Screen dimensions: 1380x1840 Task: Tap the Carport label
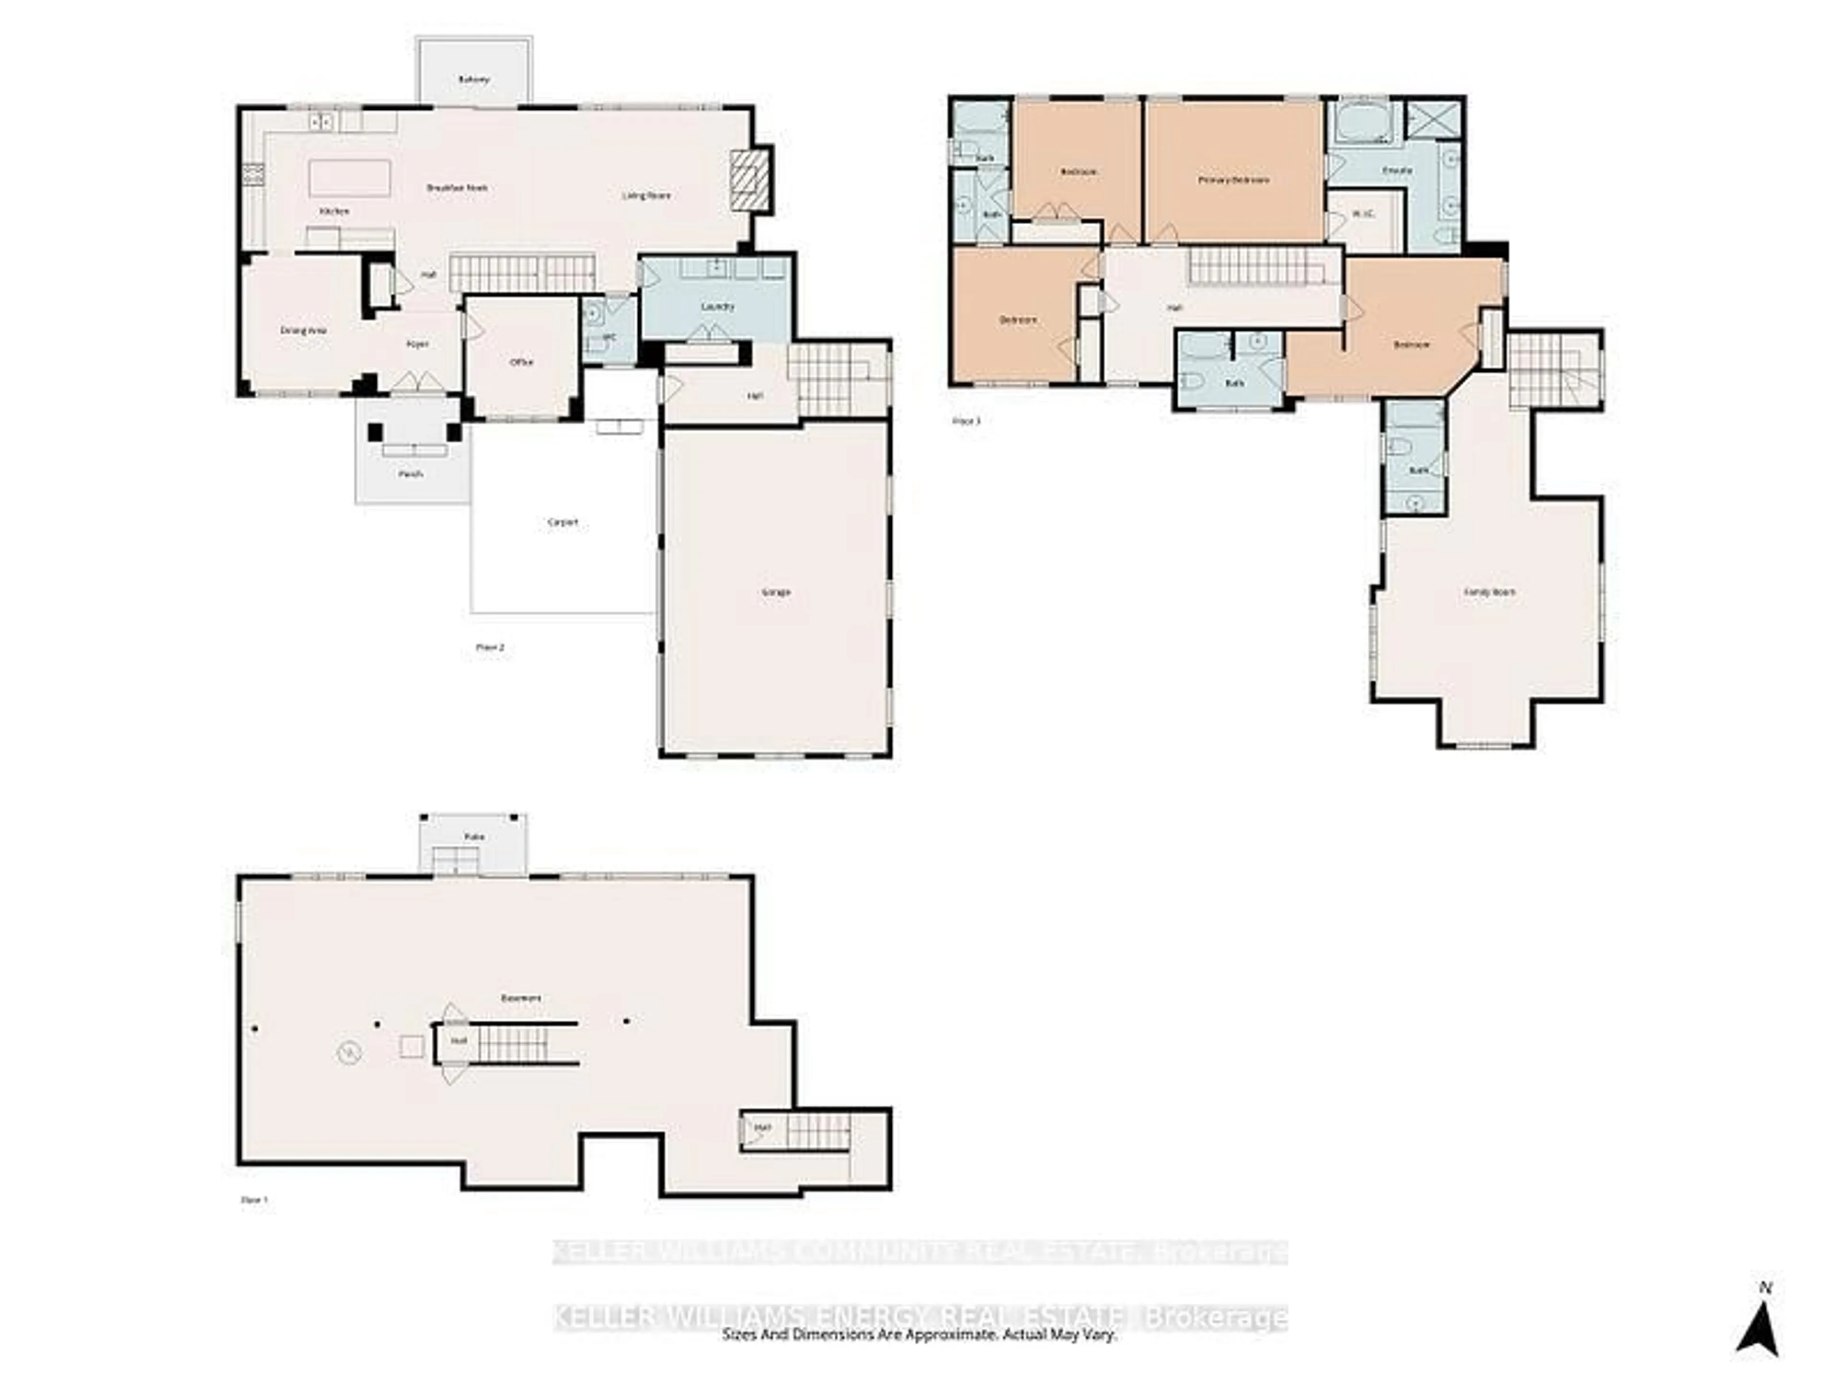click(563, 522)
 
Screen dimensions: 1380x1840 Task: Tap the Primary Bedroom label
click(1233, 180)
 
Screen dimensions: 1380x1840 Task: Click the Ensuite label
click(1397, 171)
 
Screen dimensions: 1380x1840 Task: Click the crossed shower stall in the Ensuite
click(1434, 119)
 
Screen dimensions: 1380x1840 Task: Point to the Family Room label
click(1489, 592)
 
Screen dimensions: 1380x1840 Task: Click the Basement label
click(521, 997)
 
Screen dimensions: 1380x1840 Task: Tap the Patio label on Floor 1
click(474, 837)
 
